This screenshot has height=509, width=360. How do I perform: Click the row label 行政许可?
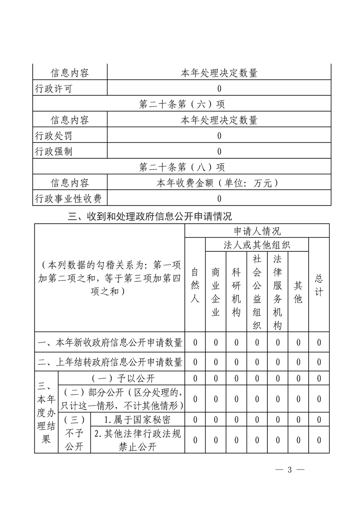pyautogui.click(x=54, y=88)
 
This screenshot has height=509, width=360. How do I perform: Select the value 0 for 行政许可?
pyautogui.click(x=219, y=88)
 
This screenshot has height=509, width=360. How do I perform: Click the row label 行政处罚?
pyautogui.click(x=54, y=136)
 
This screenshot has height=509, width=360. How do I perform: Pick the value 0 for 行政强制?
pyautogui.click(x=219, y=152)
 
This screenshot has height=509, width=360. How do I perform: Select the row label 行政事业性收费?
pyautogui.click(x=68, y=198)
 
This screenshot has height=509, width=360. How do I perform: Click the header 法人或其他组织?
pyautogui.click(x=257, y=245)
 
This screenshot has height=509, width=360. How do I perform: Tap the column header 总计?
pyautogui.click(x=319, y=286)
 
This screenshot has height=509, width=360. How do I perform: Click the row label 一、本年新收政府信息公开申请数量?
pyautogui.click(x=110, y=342)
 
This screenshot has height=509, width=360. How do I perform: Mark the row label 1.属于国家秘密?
pyautogui.click(x=138, y=418)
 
